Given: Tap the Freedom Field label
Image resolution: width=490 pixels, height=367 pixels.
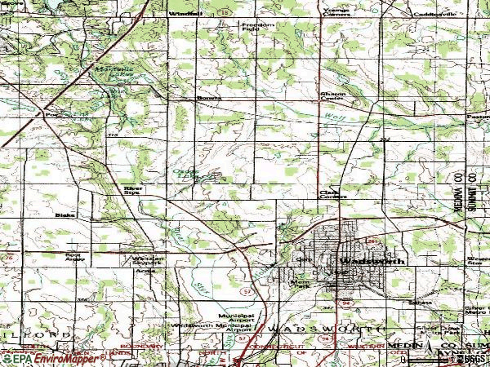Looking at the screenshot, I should (x=258, y=28).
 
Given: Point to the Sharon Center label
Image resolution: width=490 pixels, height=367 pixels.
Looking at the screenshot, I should (x=331, y=98).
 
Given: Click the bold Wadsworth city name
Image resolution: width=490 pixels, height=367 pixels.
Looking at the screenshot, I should (x=372, y=262).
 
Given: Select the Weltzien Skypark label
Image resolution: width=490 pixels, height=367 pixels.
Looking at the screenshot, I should (x=148, y=261).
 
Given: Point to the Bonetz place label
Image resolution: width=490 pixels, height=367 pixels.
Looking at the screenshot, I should (x=204, y=99).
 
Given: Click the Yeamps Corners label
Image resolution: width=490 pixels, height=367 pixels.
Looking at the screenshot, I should (x=336, y=12).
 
